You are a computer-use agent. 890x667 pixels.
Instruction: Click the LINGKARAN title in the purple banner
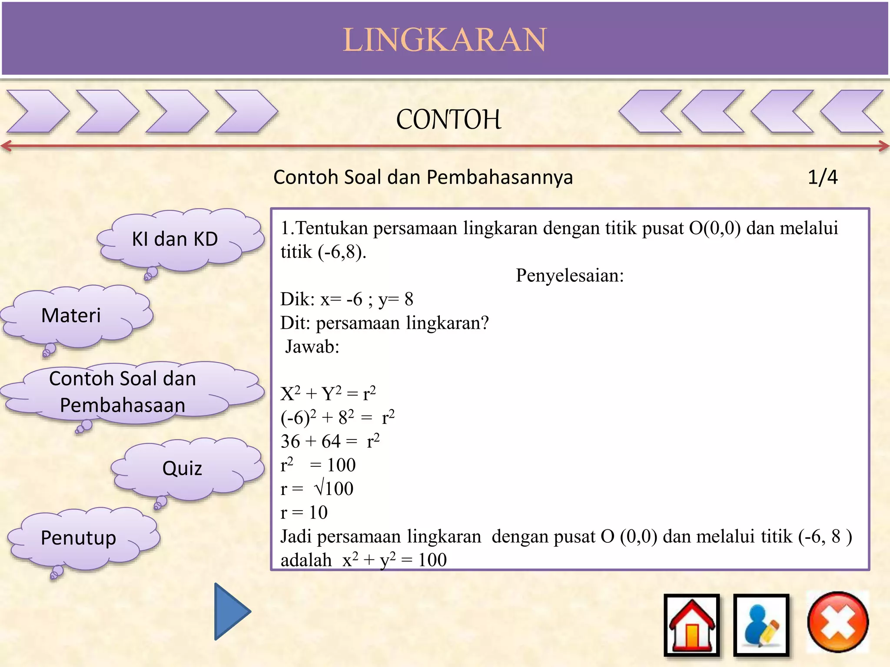[x=445, y=40]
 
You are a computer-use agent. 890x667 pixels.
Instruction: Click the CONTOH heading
[x=448, y=119]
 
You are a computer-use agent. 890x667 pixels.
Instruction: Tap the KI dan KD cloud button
[x=175, y=239]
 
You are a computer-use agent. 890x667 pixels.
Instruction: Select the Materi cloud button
[x=71, y=315]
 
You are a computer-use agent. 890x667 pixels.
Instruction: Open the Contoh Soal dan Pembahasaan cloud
[x=123, y=392]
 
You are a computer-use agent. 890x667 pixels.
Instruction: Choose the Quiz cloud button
[x=182, y=469]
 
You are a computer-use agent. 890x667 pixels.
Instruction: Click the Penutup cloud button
[x=79, y=538]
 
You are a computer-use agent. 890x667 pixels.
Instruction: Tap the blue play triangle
[x=231, y=611]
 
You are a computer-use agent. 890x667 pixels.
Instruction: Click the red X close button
[x=837, y=622]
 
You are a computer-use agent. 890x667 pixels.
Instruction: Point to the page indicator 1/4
[x=822, y=177]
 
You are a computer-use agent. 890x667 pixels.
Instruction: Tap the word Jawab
[x=312, y=347]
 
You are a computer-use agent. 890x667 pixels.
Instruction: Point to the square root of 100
[x=334, y=489]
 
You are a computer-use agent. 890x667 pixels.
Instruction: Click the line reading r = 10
[x=304, y=513]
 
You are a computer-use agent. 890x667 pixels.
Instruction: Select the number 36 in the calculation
[x=290, y=442]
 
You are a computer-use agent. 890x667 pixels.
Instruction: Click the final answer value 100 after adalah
[x=432, y=560]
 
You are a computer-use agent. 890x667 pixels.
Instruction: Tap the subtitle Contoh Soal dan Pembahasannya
[x=423, y=177]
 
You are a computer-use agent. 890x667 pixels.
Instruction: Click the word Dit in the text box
[x=295, y=323]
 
